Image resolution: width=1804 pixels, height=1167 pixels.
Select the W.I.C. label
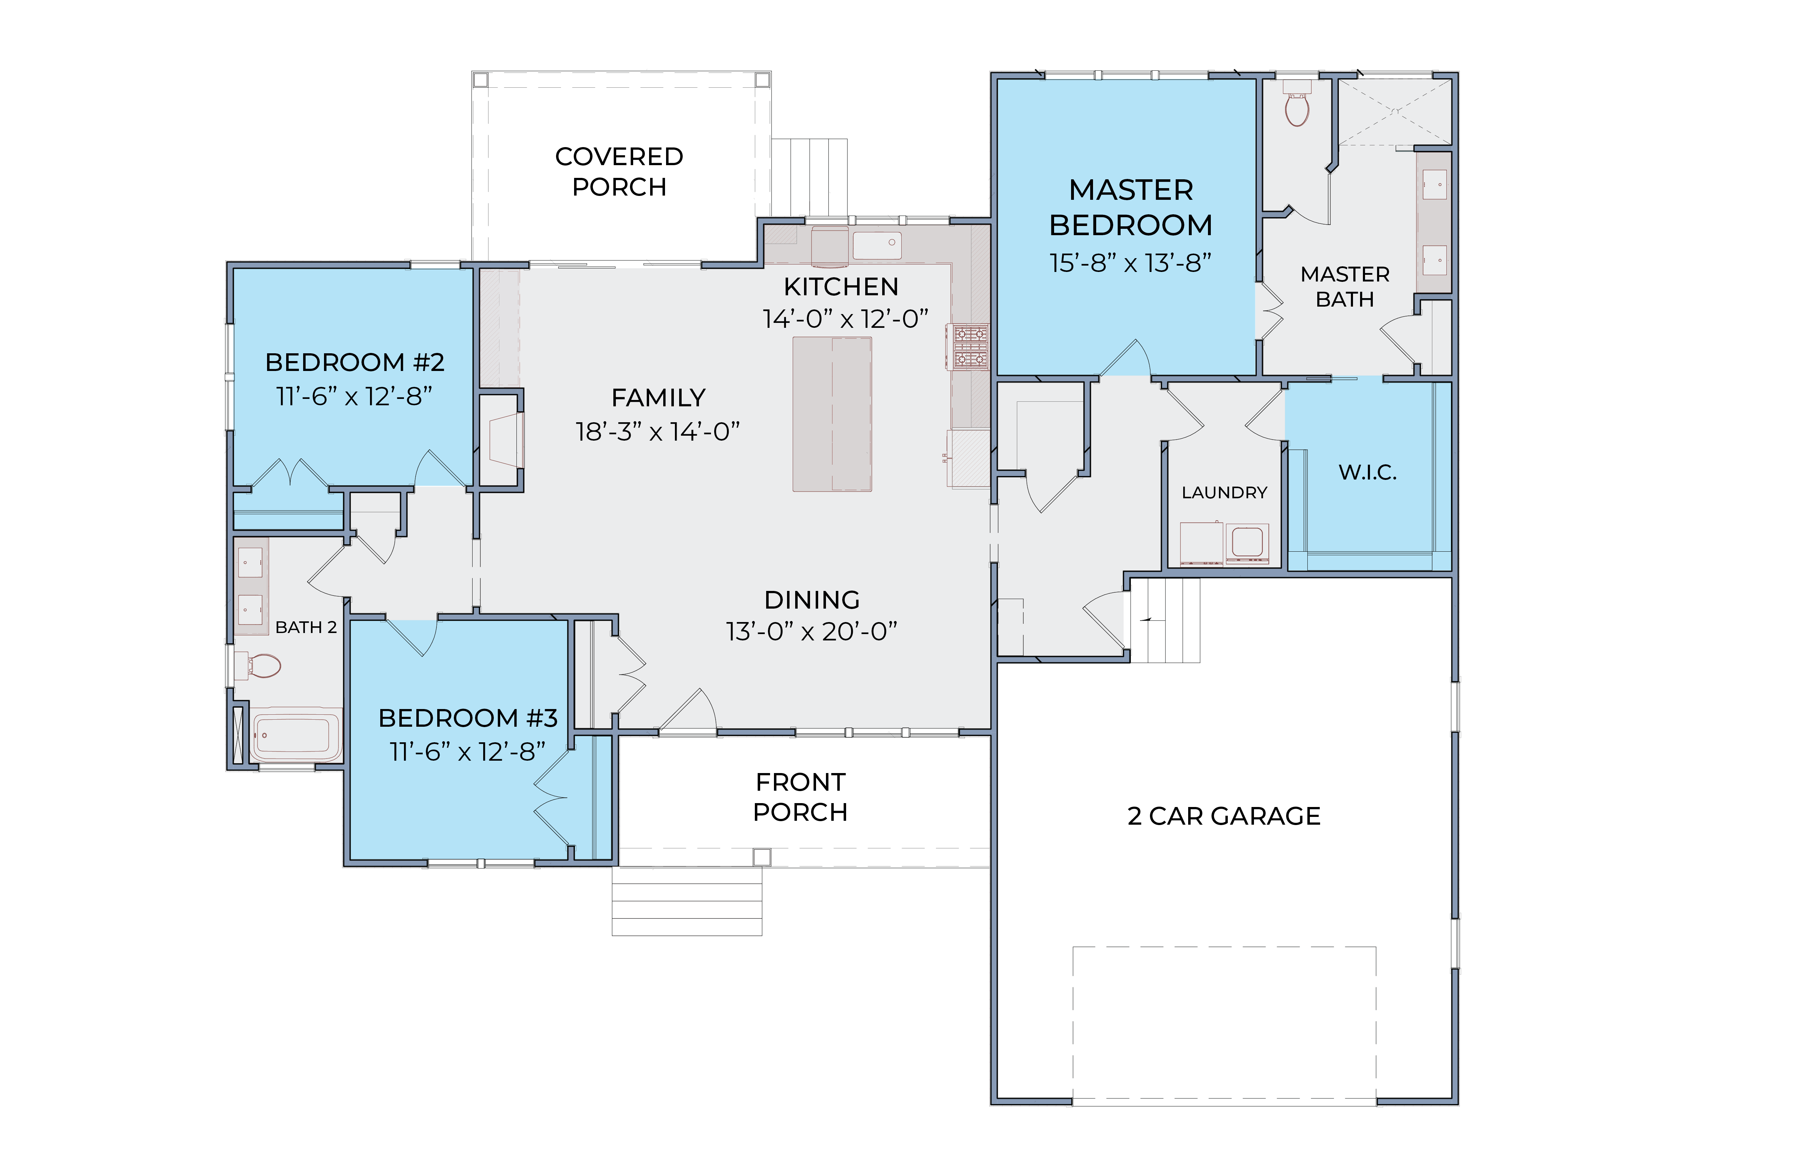point(1368,472)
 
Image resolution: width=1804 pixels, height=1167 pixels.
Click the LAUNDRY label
point(1224,493)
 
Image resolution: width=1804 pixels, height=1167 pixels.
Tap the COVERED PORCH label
point(619,171)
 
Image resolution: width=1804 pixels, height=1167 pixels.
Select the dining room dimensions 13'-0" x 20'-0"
point(812,631)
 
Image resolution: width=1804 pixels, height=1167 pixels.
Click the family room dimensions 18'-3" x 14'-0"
point(658,431)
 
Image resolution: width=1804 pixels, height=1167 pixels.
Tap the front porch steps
point(687,901)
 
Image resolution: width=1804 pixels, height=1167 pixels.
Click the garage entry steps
point(1165,621)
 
